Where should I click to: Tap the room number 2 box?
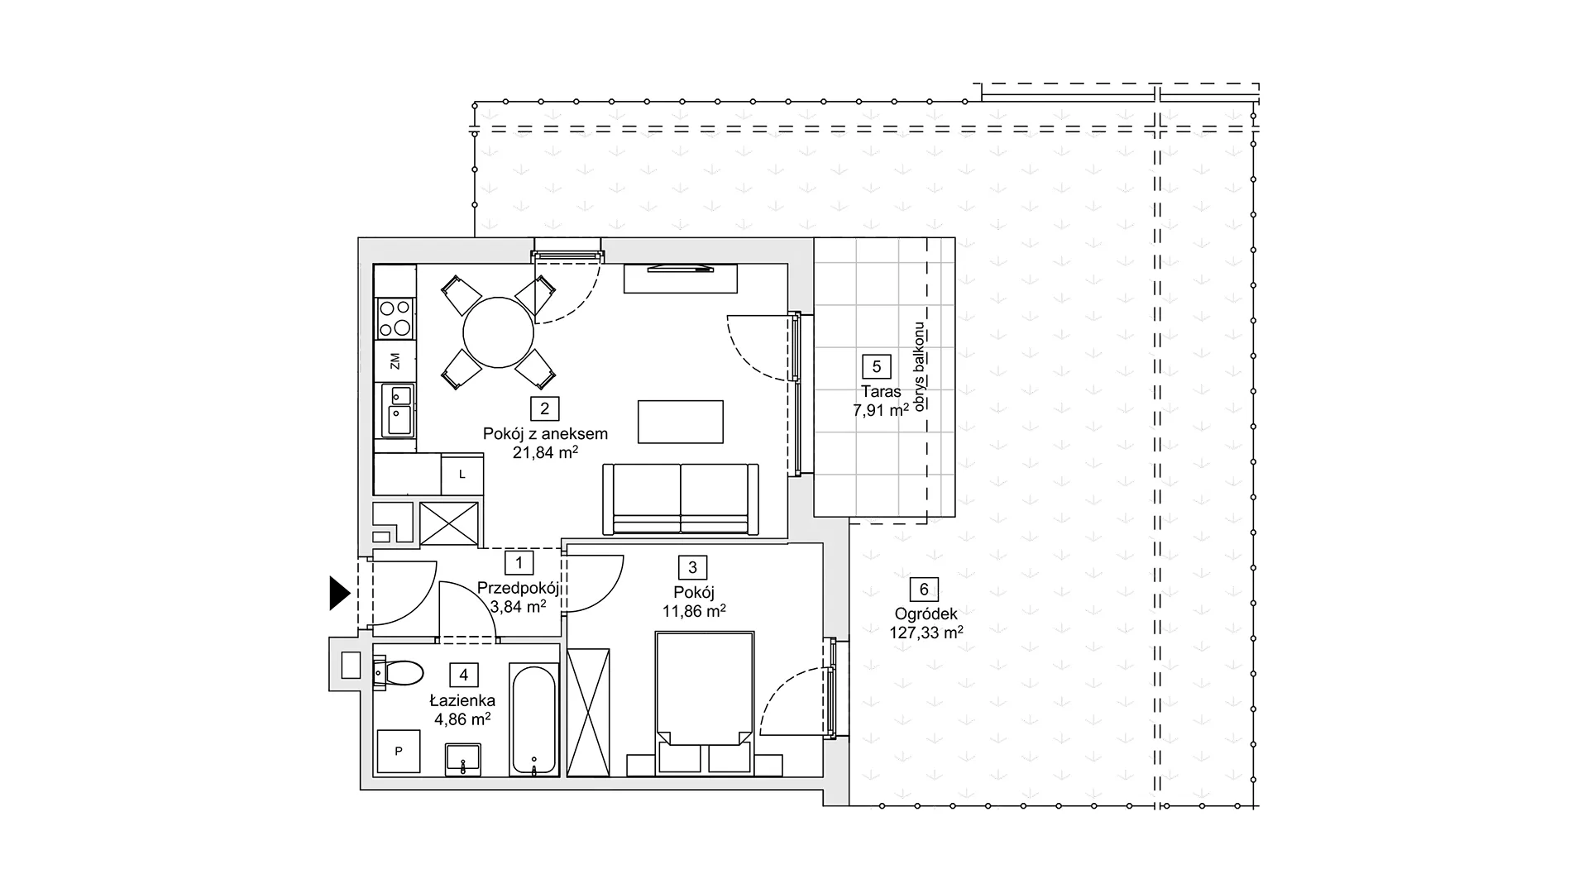545,408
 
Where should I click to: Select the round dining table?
498,332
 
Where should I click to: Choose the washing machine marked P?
399,751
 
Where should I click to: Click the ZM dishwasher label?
395,361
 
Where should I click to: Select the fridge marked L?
462,475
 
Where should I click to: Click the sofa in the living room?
681,499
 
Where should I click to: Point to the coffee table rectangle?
681,422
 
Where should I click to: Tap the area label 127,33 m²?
926,633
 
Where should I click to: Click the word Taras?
876,392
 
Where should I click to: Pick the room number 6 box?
924,590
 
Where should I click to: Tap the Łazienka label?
462,700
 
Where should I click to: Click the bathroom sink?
463,759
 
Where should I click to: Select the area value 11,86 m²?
694,611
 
